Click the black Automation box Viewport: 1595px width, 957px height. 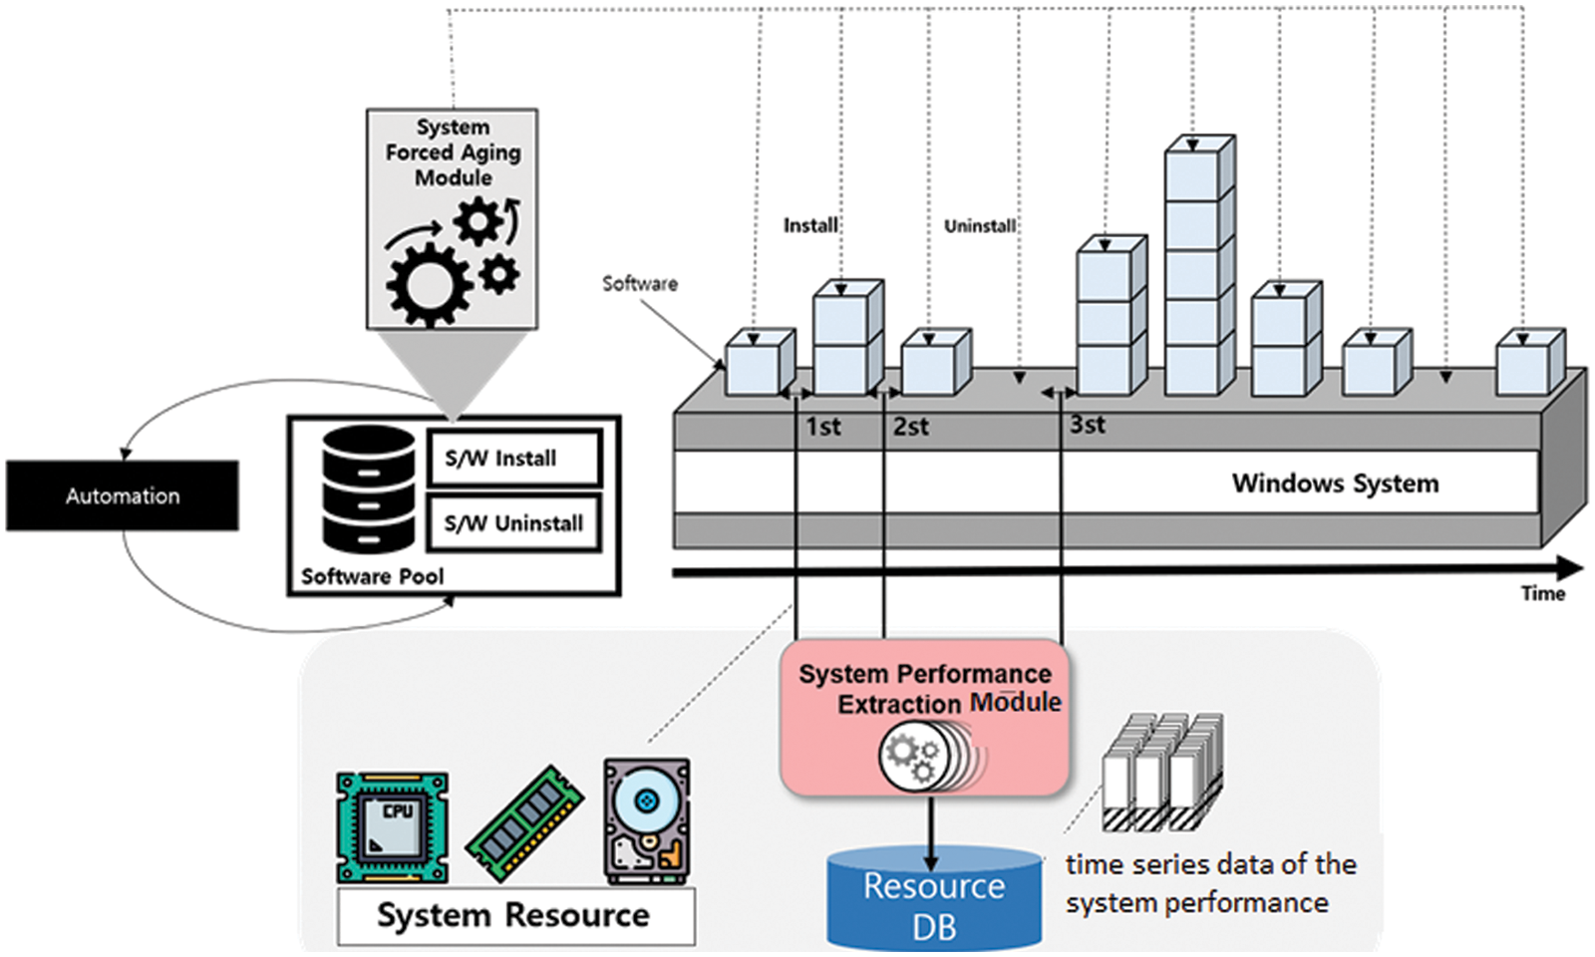pyautogui.click(x=122, y=495)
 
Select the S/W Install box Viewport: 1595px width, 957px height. pyautogui.click(x=513, y=459)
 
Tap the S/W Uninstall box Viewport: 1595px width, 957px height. pyautogui.click(x=513, y=523)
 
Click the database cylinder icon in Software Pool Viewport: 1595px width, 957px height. pyautogui.click(x=368, y=488)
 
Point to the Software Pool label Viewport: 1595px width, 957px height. pyautogui.click(x=372, y=576)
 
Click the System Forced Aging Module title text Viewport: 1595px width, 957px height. pyautogui.click(x=453, y=153)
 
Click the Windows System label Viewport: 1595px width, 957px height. pyautogui.click(x=1335, y=483)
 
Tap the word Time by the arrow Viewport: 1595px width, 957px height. pyautogui.click(x=1542, y=594)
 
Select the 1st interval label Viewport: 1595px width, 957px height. pyautogui.click(x=822, y=427)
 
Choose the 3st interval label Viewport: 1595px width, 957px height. pyautogui.click(x=1087, y=425)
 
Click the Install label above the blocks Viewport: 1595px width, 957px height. pyautogui.click(x=810, y=225)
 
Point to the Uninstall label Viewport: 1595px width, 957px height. pyautogui.click(x=979, y=226)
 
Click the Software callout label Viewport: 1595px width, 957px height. pyautogui.click(x=639, y=283)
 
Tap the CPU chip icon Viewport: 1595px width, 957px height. pyautogui.click(x=392, y=826)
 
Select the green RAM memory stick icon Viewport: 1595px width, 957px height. pyautogui.click(x=524, y=823)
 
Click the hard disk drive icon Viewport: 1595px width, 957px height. pyautogui.click(x=647, y=820)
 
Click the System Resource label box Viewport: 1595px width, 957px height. pyautogui.click(x=515, y=915)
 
